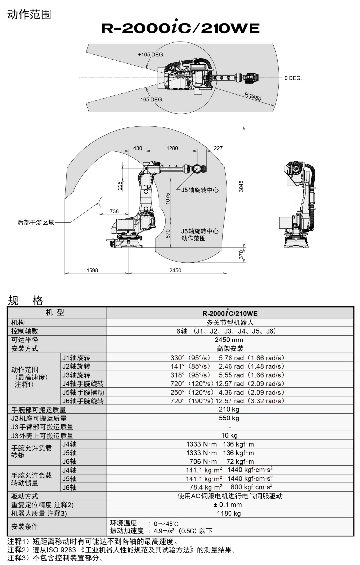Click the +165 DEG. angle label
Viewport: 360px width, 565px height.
(x=151, y=55)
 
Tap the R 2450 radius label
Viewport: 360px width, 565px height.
(x=252, y=96)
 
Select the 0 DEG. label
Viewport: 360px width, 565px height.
(x=293, y=78)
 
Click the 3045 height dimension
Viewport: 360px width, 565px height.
(x=241, y=186)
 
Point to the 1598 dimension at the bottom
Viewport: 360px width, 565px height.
(x=92, y=270)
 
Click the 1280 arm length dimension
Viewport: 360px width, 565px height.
(x=172, y=148)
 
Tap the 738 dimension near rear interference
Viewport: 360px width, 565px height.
(x=114, y=211)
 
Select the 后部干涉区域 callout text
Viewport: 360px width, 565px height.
(x=36, y=223)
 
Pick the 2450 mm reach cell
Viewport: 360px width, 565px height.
(x=229, y=340)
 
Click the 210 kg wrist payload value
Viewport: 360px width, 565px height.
(x=229, y=409)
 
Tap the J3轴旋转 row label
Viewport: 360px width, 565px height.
(x=76, y=375)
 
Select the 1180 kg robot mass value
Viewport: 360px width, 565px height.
(x=229, y=514)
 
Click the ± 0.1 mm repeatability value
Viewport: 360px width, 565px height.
(x=229, y=505)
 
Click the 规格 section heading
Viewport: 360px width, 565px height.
(x=25, y=300)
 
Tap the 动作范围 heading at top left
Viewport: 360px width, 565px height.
(x=29, y=14)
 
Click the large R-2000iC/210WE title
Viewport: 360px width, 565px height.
(x=180, y=29)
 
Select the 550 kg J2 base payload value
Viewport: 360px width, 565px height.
(x=229, y=418)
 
